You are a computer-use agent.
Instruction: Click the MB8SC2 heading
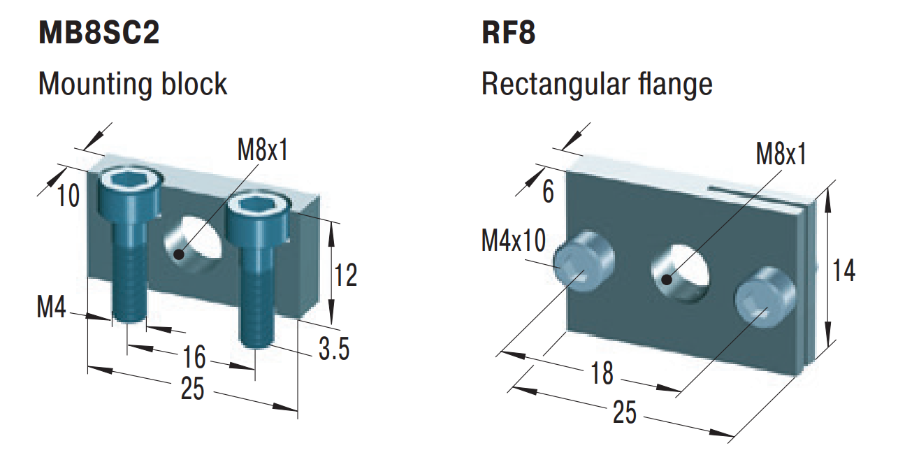[x=99, y=33]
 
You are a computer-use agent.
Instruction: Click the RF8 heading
[x=509, y=33]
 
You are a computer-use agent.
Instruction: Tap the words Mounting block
[x=133, y=84]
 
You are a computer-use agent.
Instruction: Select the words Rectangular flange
[x=597, y=84]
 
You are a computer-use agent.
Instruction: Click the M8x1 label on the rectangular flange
[x=781, y=154]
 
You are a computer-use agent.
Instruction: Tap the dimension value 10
[x=69, y=196]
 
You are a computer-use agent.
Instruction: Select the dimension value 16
[x=194, y=358]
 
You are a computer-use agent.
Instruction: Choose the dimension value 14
[x=844, y=270]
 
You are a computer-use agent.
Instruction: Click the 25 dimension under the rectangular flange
[x=625, y=413]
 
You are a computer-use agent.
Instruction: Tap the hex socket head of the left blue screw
[x=129, y=183]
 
